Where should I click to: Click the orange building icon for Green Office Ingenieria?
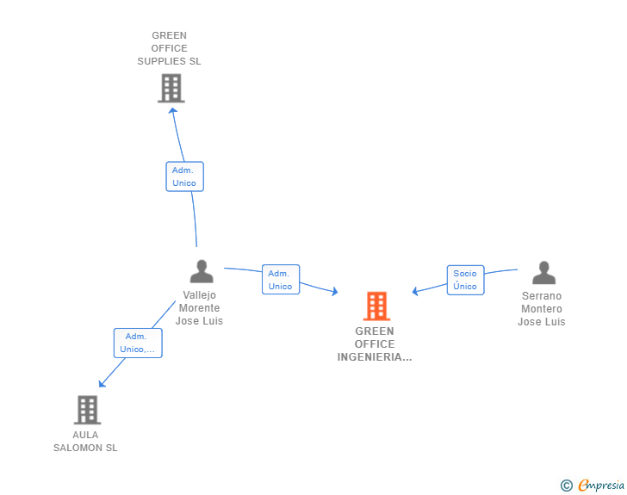(376, 306)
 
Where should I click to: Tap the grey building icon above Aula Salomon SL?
(88, 410)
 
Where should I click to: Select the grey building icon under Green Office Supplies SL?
(171, 88)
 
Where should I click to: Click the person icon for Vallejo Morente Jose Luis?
(202, 271)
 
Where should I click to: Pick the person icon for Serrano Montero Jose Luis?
(543, 273)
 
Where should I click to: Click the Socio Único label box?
(465, 280)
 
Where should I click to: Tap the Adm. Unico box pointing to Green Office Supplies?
(184, 176)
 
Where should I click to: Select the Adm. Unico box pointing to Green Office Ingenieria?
(281, 280)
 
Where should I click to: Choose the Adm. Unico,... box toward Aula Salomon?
(138, 343)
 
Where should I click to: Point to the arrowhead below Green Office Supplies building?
(172, 110)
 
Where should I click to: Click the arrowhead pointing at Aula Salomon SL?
(102, 384)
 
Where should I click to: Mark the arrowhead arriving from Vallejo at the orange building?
(335, 292)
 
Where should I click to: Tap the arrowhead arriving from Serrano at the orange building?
(415, 291)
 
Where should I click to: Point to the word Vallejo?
(200, 295)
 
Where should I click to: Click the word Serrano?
(542, 296)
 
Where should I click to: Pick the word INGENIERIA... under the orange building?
(375, 357)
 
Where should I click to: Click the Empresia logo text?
(601, 485)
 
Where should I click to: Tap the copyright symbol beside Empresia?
(567, 486)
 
